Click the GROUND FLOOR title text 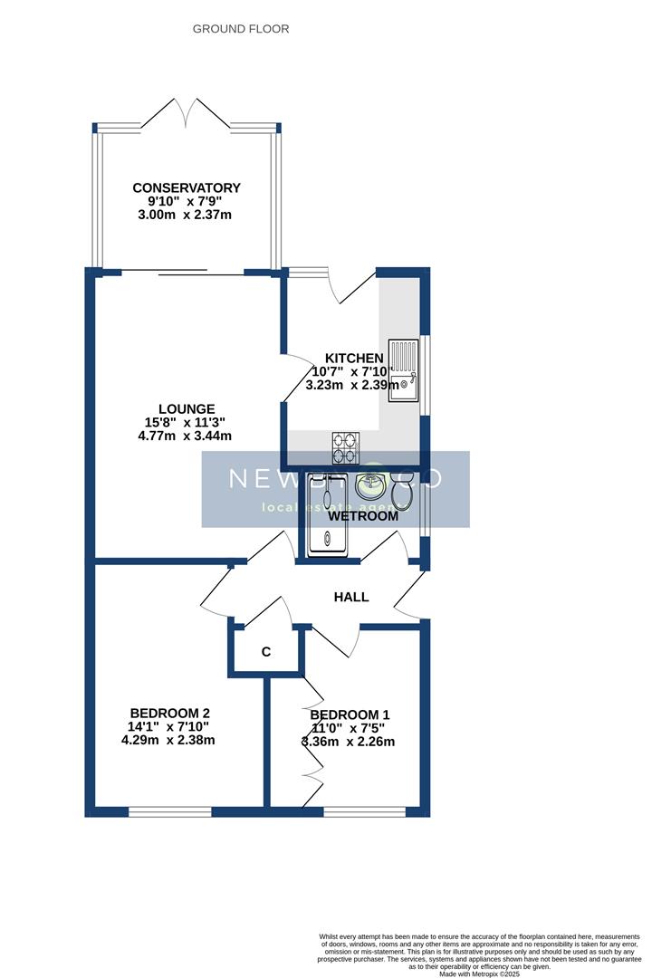(241, 29)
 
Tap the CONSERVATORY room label (187, 188)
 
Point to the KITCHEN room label (354, 359)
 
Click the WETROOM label (363, 516)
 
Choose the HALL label (351, 597)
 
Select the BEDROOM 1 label (350, 714)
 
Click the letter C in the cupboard (266, 652)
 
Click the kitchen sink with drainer (403, 368)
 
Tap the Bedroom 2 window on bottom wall (169, 811)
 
